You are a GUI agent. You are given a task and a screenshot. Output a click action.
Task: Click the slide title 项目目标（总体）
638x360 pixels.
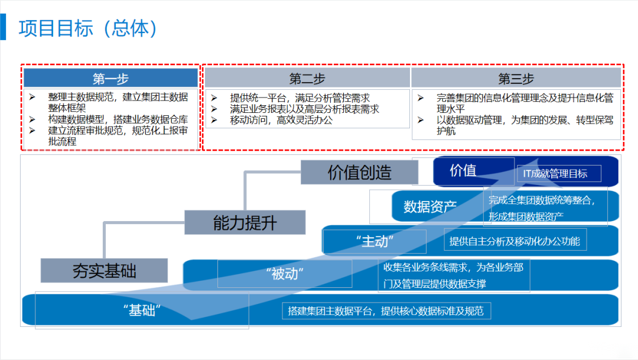[x=89, y=28]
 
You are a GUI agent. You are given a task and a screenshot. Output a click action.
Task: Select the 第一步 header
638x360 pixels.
[x=110, y=79]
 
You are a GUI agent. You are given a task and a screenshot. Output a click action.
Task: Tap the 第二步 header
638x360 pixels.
[x=307, y=79]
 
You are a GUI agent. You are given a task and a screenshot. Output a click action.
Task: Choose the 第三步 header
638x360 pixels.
[x=516, y=79]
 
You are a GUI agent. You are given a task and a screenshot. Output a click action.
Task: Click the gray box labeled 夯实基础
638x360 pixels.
[x=104, y=271]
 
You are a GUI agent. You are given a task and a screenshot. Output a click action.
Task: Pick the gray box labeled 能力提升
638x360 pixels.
[x=245, y=223]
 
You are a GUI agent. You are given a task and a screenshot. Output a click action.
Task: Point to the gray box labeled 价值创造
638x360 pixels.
[x=359, y=173]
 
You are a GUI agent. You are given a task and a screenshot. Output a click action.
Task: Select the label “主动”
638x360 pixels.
[x=375, y=241]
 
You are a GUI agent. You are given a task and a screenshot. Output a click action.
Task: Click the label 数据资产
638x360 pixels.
[x=430, y=206]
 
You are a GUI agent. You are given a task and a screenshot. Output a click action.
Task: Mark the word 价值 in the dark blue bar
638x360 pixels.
[x=463, y=171]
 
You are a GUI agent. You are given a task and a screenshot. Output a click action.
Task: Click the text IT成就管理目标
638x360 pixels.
[x=555, y=174]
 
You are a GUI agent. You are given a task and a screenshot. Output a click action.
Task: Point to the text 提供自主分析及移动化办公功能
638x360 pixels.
[x=515, y=241]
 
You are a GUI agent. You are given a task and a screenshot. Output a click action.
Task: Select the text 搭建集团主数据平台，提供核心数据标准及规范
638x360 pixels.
[x=385, y=311]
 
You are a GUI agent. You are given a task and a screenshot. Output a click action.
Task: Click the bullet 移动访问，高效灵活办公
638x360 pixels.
[x=281, y=120]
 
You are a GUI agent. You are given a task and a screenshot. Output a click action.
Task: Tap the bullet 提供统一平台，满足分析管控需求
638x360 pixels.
[x=300, y=99]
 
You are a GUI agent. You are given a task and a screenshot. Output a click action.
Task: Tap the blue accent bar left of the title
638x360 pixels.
[x=3, y=28]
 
